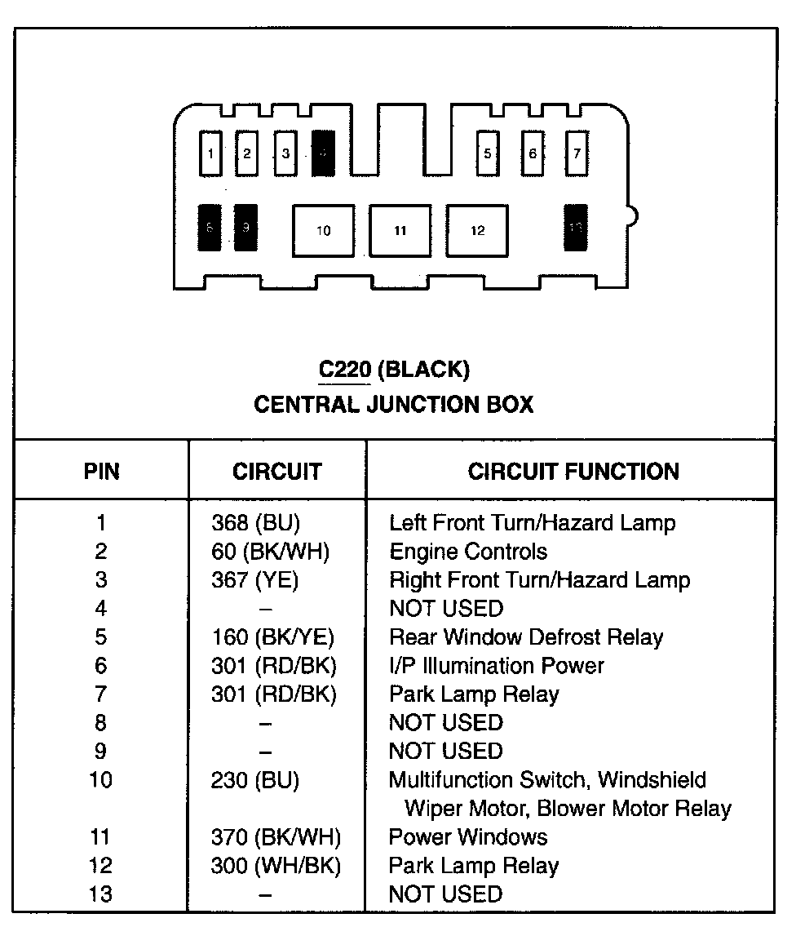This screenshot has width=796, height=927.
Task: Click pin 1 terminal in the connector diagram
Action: click(210, 153)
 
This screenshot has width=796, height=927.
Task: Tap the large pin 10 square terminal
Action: click(324, 231)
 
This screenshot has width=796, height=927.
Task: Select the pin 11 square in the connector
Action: click(400, 231)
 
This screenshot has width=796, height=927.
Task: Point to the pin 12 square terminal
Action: click(477, 231)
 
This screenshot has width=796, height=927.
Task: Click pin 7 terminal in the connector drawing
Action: click(577, 153)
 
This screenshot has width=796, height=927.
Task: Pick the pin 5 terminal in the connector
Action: click(488, 153)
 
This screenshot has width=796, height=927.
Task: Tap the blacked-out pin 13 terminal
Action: click(577, 228)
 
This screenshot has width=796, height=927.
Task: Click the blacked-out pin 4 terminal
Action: click(324, 153)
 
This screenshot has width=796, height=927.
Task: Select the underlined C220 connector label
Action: click(345, 370)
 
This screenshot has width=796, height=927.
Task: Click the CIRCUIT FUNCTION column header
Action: click(573, 471)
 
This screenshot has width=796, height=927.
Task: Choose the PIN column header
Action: click(101, 471)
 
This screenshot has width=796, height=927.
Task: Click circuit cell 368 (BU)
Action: click(254, 523)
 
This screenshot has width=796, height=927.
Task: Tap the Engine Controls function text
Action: click(468, 552)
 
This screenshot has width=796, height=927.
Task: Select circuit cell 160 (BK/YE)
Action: click(272, 637)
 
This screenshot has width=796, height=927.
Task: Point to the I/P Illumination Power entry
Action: click(496, 666)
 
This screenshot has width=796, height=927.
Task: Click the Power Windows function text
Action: click(468, 837)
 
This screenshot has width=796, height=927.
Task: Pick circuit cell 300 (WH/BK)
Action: click(276, 866)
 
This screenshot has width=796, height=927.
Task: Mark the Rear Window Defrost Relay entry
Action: click(526, 637)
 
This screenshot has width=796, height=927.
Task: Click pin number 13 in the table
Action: click(101, 894)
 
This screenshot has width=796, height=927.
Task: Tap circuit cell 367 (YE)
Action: click(254, 580)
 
